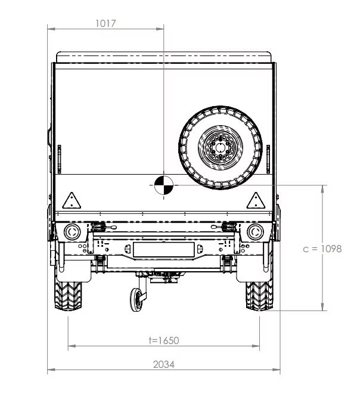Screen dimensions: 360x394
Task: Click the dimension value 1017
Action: click(105, 23)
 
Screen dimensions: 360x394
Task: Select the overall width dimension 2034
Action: click(164, 364)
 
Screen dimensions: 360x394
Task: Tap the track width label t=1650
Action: click(164, 340)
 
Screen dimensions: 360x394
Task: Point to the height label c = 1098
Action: click(322, 249)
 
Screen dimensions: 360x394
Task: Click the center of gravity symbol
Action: click(164, 185)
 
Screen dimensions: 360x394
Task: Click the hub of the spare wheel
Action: click(221, 147)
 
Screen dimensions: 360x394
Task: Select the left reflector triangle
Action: click(72, 200)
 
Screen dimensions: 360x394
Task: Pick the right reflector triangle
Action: click(256, 200)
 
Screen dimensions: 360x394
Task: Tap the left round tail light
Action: click(72, 232)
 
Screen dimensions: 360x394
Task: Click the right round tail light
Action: click(255, 232)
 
